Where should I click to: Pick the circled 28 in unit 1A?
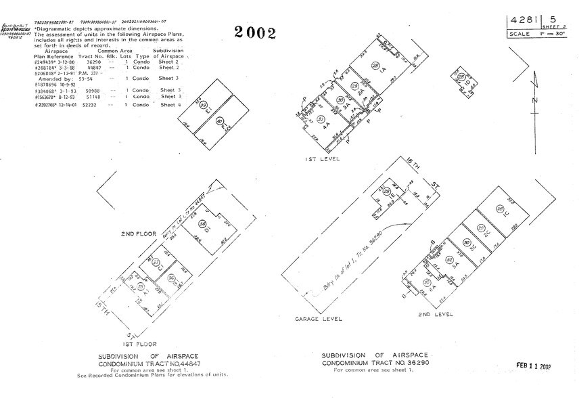click(376, 65)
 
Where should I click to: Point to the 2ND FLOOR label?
click(139, 234)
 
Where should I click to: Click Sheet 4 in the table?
click(170, 105)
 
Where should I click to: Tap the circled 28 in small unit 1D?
click(459, 76)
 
